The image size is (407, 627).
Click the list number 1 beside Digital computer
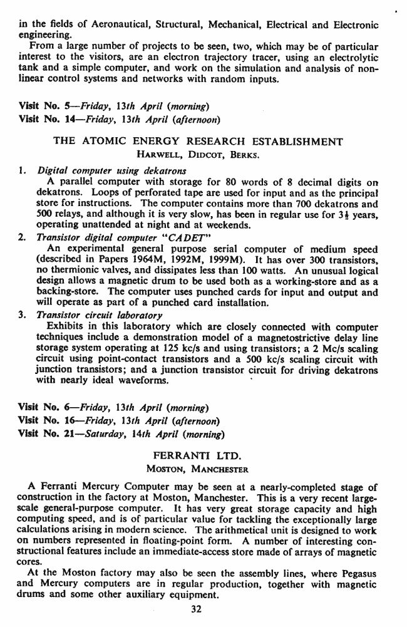(22, 169)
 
